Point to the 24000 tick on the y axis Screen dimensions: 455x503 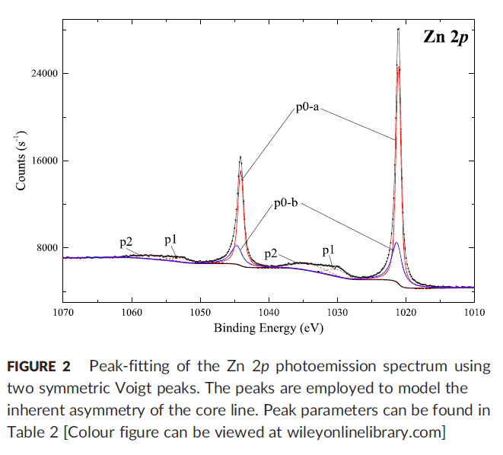click(x=45, y=74)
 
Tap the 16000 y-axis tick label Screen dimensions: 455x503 click(x=45, y=161)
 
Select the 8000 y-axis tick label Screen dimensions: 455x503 click(x=48, y=248)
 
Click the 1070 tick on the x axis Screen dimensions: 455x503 click(x=63, y=312)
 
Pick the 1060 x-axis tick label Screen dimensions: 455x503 click(x=132, y=312)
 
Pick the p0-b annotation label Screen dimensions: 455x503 click(x=286, y=205)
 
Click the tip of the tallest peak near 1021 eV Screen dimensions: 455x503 click(x=398, y=29)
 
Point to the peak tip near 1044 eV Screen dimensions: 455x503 click(x=240, y=157)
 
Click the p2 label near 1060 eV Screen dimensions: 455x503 click(x=126, y=243)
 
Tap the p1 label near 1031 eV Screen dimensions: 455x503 click(x=329, y=250)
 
